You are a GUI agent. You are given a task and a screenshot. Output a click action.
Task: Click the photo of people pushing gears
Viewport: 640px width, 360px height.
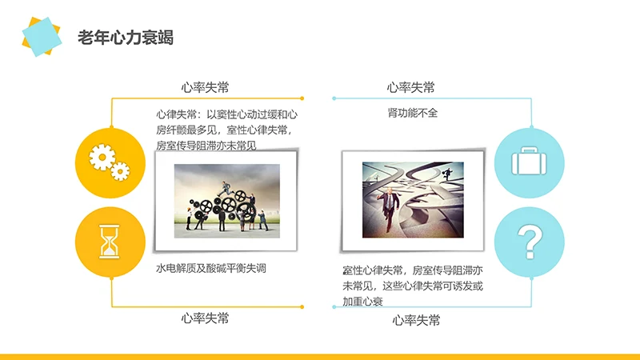(x=227, y=197)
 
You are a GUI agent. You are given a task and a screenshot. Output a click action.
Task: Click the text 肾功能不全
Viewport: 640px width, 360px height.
(x=412, y=114)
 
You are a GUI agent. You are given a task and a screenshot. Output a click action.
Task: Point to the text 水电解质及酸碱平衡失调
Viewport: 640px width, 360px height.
(x=210, y=269)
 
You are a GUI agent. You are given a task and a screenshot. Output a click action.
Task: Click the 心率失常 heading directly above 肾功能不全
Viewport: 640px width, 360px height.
(x=411, y=87)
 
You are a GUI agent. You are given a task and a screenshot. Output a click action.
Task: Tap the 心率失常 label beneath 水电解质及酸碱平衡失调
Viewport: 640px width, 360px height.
(x=206, y=318)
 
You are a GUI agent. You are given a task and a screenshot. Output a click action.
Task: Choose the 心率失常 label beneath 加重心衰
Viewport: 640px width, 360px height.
(x=416, y=320)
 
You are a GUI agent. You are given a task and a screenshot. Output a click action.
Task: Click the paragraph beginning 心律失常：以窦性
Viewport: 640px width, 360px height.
(x=227, y=130)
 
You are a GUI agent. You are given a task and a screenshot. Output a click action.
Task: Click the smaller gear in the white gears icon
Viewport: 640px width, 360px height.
(x=120, y=170)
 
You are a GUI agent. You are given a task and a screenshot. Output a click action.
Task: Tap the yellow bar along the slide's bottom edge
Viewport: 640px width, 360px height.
(x=320, y=356)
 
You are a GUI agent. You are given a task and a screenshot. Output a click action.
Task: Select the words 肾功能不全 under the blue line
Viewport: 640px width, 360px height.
(x=412, y=114)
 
